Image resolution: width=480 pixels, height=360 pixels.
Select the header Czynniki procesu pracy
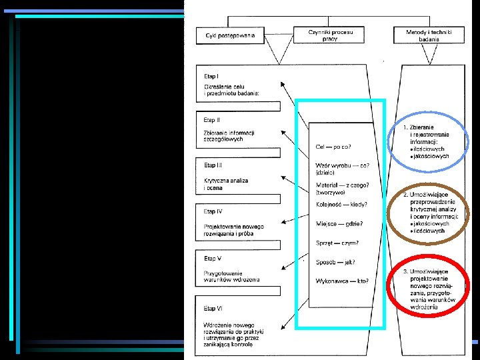(331, 35)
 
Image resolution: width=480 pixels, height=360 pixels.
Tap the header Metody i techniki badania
(429, 35)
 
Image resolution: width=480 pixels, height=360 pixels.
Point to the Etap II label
(213, 120)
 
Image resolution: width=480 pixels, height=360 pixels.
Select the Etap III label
(213, 164)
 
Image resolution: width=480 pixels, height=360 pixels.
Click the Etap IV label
(213, 211)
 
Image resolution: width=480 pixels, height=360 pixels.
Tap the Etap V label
(213, 257)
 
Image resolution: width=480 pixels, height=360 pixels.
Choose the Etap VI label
(213, 308)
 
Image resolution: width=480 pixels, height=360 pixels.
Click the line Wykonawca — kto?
(342, 281)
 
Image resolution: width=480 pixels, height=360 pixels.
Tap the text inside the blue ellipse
(429, 141)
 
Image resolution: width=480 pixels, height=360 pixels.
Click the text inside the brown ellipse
(431, 212)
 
